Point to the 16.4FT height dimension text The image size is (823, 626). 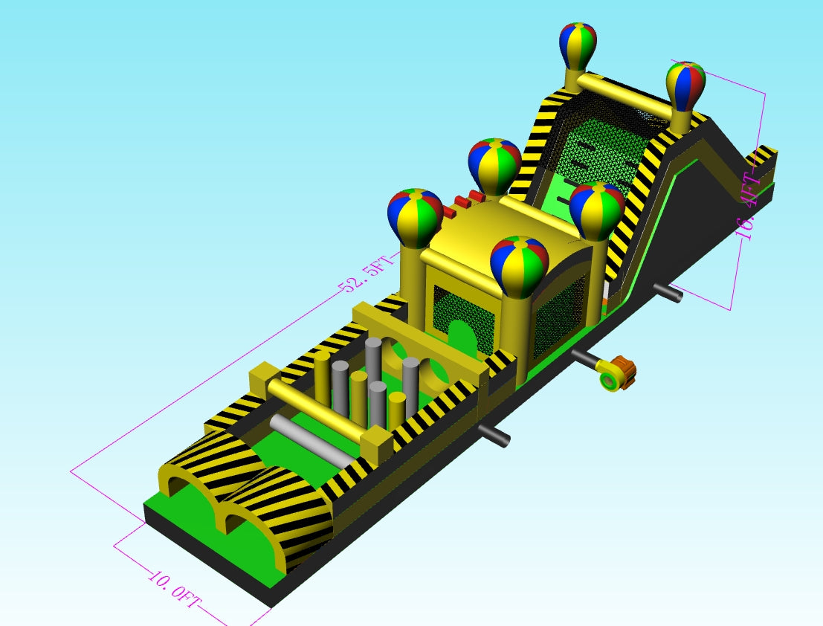[x=749, y=205]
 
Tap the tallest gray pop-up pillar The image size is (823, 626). [x=373, y=362]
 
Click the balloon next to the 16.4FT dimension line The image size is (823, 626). [x=685, y=86]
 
